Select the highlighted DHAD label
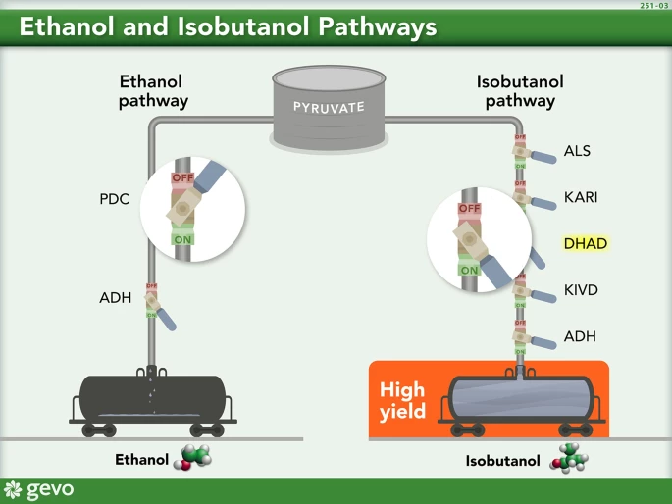(587, 242)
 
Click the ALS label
(578, 151)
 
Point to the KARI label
(581, 197)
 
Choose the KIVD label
(581, 290)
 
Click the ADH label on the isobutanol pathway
(580, 336)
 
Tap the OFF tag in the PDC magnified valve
(182, 178)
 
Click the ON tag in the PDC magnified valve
(182, 238)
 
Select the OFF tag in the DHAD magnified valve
(470, 209)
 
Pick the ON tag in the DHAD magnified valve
(469, 270)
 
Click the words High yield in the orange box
(403, 400)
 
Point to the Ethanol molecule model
(192, 458)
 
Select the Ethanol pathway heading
(153, 91)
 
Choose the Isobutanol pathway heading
(509, 91)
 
